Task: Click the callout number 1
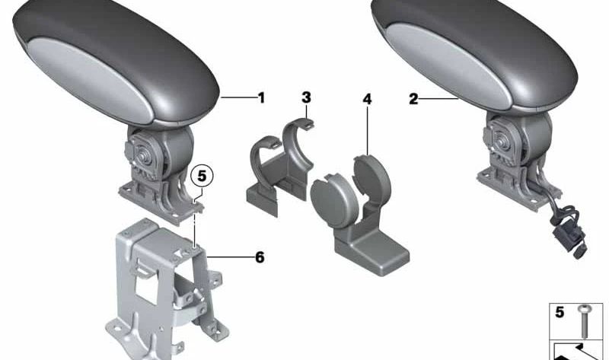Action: pos(261,97)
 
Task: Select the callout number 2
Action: pos(414,99)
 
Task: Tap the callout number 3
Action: pos(306,97)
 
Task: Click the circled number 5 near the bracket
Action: pos(200,175)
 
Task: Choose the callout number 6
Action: pos(260,258)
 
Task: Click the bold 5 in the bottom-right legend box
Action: pos(560,311)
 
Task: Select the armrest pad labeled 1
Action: pos(114,65)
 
